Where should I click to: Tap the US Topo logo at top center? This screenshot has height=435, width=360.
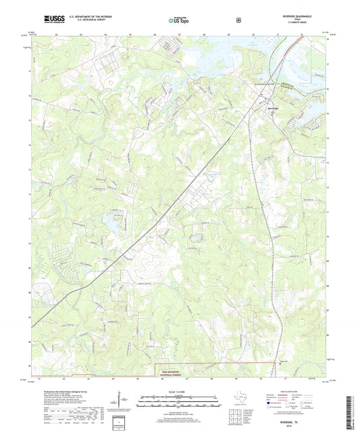tap(178, 20)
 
